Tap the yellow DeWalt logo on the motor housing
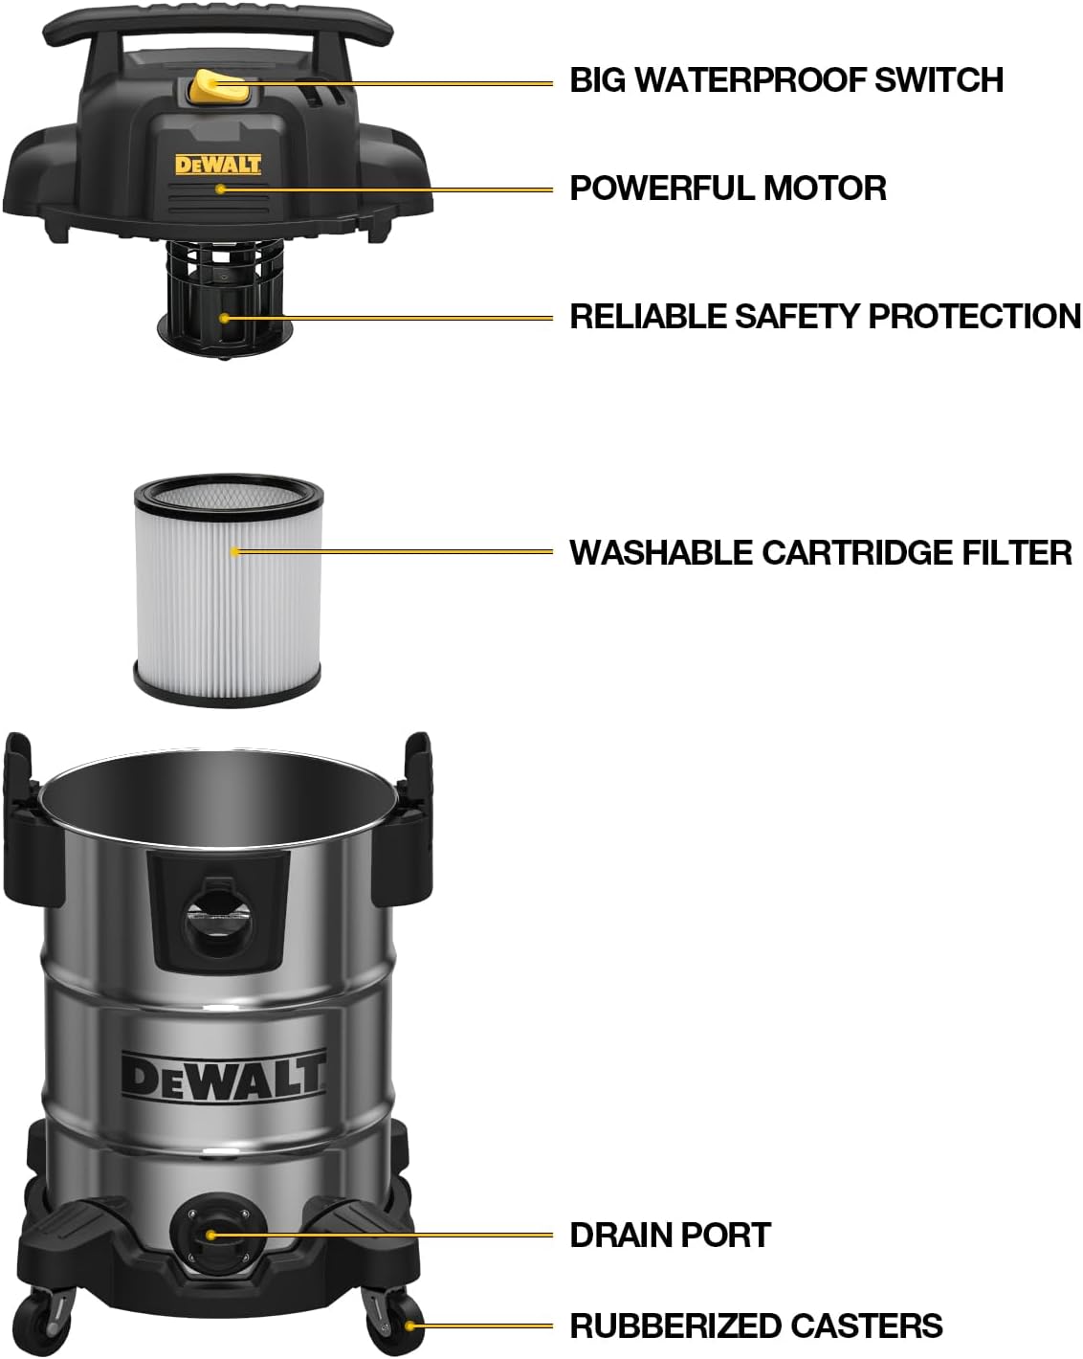218,165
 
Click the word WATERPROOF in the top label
750,79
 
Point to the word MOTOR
824,189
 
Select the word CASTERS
867,1326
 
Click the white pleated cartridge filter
228,591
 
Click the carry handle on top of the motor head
218,25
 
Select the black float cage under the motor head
225,297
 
